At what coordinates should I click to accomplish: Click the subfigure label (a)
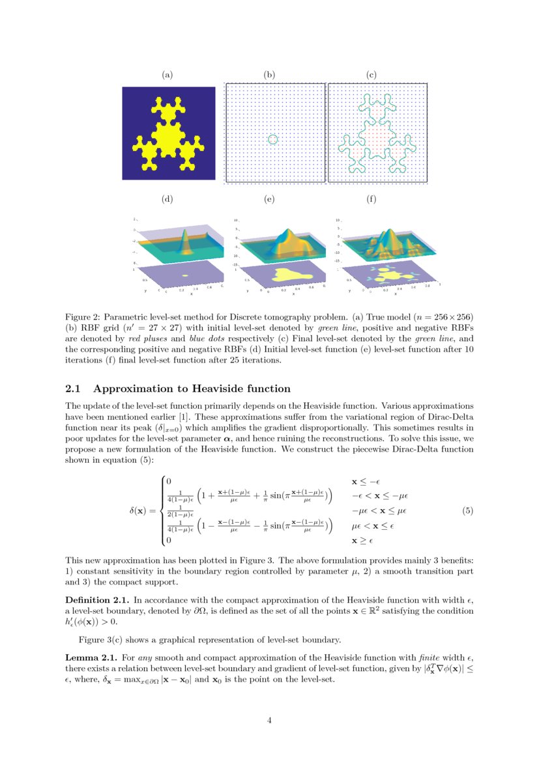(168, 75)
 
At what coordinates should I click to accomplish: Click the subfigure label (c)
(371, 75)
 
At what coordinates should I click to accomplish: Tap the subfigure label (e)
(269, 199)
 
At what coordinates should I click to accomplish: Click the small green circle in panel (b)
(273, 139)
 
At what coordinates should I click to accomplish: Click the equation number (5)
(467, 511)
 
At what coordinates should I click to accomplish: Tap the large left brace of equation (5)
(162, 511)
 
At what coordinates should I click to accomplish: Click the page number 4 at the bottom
(270, 720)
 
